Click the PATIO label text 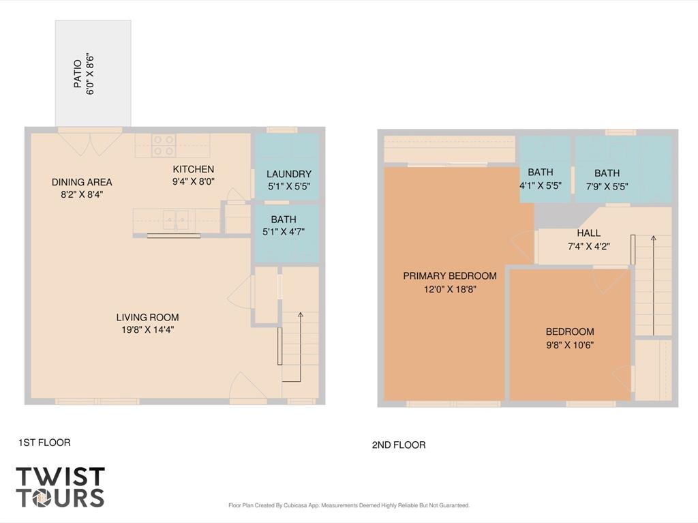pos(78,74)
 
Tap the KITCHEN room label pos(193,169)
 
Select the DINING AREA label pos(82,182)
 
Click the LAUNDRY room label pos(289,174)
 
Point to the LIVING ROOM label pos(147,318)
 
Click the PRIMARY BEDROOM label pos(450,275)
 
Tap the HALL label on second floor pos(588,233)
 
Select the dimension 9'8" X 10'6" pos(570,345)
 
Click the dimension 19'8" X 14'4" pos(147,330)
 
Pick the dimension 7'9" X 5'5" pos(607,187)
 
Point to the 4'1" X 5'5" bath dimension pos(541,185)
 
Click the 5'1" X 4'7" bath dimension pos(284,232)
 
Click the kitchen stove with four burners pos(164,145)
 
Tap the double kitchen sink pos(175,219)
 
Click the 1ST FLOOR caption pos(44,443)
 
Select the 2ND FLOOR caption pos(399,445)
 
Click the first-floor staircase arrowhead pos(301,315)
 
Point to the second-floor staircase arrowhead pos(654,239)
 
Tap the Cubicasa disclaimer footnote pos(349,506)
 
